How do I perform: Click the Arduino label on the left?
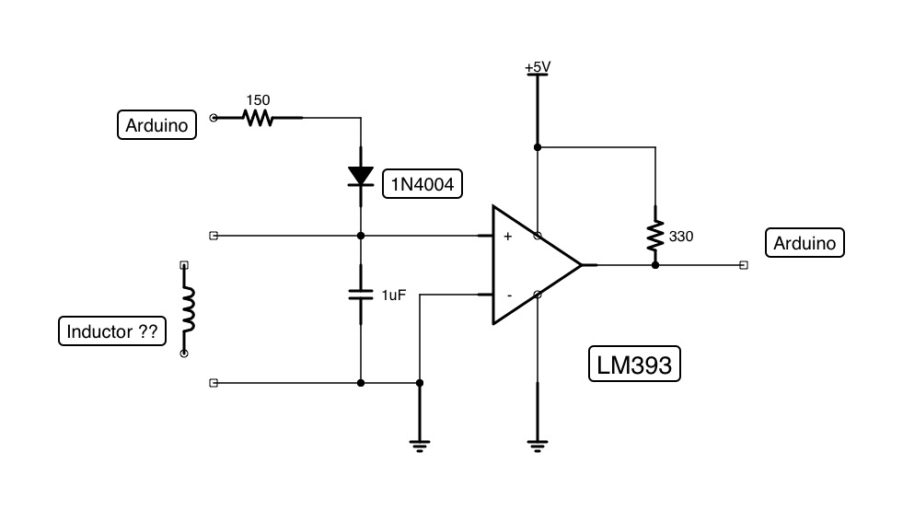coord(157,124)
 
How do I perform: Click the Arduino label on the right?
coord(805,243)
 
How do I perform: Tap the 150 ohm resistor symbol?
coord(259,118)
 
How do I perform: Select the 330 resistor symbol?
coord(654,236)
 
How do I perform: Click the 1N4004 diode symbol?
coord(360,176)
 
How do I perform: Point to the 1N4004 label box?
coord(423,185)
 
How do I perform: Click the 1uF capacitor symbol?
coord(360,295)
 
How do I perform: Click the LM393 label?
coord(634,365)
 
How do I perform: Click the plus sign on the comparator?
coord(507,237)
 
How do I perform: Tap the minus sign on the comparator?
coord(507,296)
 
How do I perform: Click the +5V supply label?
coord(537,67)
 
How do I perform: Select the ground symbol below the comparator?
coord(537,446)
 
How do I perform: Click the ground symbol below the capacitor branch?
coord(420,446)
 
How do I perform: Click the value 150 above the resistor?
coord(258,99)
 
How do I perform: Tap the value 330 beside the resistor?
coord(681,237)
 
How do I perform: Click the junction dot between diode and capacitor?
coord(360,236)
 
